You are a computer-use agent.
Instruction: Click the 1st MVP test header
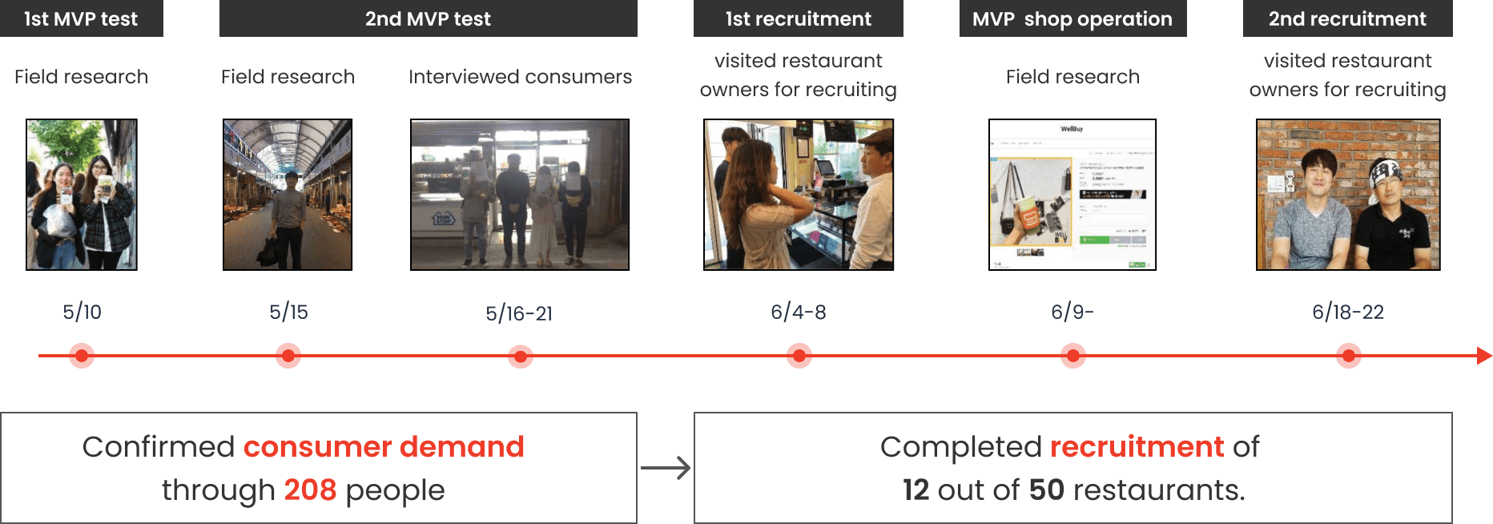(81, 18)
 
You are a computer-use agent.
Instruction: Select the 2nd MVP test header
(428, 18)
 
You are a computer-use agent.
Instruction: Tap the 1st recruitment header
(798, 18)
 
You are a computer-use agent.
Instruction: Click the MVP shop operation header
(1072, 18)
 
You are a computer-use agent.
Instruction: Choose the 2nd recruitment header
(1347, 18)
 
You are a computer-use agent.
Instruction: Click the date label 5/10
(82, 312)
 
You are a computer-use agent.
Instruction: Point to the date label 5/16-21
(519, 313)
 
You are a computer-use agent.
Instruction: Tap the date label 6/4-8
(798, 312)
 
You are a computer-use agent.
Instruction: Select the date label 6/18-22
(1347, 312)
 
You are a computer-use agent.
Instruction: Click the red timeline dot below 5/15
(288, 356)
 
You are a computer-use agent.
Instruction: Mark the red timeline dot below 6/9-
(1072, 356)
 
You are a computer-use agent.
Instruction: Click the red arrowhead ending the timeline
(1483, 356)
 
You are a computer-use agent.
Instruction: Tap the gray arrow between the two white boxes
(666, 468)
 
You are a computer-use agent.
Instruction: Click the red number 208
(310, 490)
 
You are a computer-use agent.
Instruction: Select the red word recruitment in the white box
(1137, 446)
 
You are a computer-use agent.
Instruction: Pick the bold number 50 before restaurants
(1046, 490)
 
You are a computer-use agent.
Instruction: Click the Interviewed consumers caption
(520, 77)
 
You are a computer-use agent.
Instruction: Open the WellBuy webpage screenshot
(1072, 195)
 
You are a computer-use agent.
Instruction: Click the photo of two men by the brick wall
(1348, 195)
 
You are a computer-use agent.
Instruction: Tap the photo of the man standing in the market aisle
(288, 195)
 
